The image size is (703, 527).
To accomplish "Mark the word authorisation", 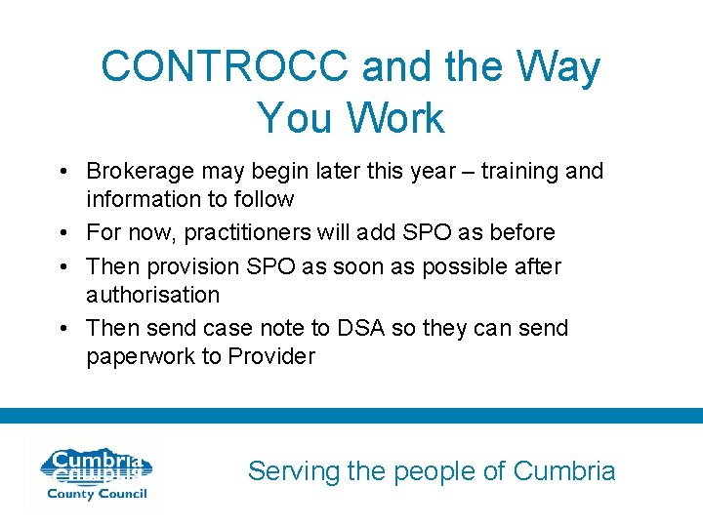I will (x=152, y=295).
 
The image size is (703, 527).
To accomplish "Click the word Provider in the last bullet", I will (x=271, y=356).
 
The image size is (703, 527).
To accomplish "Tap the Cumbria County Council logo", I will (x=94, y=474).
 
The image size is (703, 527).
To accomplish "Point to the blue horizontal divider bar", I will (x=351, y=416).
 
